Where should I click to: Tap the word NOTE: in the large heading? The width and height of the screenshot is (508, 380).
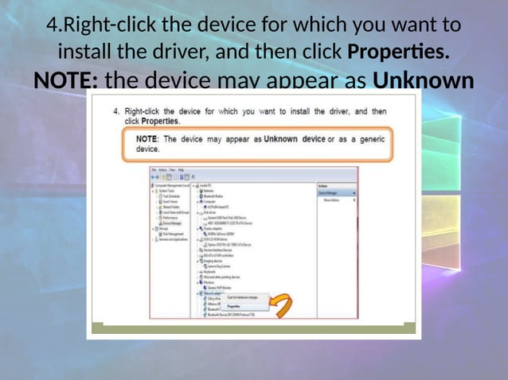coord(65,82)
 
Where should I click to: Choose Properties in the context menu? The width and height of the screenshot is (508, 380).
coord(233,305)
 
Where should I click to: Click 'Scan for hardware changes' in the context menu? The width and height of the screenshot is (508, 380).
coord(241,297)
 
